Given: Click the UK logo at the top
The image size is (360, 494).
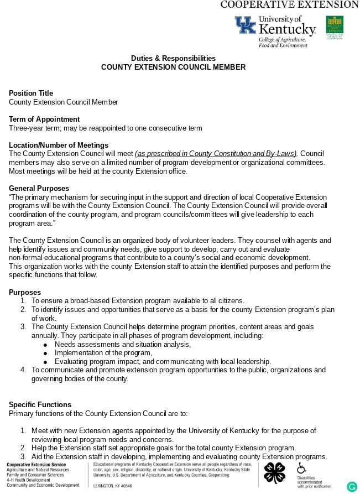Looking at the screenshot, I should [245, 25].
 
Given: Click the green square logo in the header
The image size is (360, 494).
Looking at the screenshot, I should [335, 25].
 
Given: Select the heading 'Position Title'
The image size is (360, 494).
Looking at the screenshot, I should [31, 93].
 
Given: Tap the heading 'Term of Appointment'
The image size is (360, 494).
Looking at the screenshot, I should [44, 119].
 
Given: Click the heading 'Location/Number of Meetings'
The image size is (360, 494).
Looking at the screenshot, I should [59, 145].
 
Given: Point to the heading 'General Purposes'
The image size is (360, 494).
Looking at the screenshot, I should [39, 188].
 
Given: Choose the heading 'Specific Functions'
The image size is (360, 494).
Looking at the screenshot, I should [40, 404].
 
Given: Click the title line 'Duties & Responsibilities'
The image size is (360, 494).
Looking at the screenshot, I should [173, 58].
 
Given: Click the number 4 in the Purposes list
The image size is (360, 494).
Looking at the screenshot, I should [23, 370].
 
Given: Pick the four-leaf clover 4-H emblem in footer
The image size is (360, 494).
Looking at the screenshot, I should [274, 473].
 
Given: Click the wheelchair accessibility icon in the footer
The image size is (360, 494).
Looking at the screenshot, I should [301, 468].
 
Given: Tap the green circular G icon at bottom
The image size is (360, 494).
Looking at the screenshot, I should [352, 487].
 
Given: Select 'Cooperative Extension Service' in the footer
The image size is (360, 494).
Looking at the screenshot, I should [36, 464].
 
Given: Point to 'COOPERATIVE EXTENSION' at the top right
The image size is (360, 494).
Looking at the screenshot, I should [289, 4].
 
